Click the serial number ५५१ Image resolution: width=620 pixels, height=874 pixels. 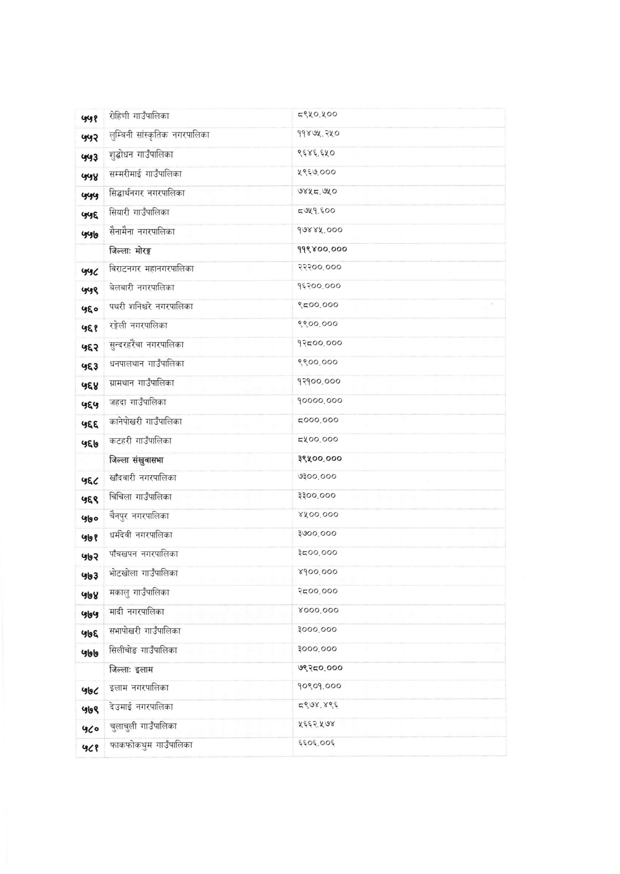tap(90, 119)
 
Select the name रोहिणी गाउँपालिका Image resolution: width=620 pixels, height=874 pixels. tap(139, 116)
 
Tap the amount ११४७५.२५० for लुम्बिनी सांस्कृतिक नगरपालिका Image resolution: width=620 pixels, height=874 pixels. tap(318, 134)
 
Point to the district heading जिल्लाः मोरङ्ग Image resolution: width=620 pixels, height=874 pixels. tap(130, 251)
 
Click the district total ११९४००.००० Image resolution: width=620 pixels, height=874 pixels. tap(322, 250)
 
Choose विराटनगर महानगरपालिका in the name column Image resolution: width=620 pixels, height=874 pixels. tap(151, 269)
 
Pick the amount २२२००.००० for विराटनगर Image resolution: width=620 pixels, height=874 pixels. tap(319, 267)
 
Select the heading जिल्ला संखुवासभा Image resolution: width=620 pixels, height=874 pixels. tap(136, 460)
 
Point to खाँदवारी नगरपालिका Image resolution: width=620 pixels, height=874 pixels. tap(143, 478)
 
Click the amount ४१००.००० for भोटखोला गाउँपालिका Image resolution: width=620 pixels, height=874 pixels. tap(318, 572)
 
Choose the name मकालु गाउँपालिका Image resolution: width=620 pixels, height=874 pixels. tap(139, 592)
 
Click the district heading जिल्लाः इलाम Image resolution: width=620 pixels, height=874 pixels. tap(131, 669)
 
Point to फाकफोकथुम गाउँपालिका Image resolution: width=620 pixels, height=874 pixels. tap(151, 745)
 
